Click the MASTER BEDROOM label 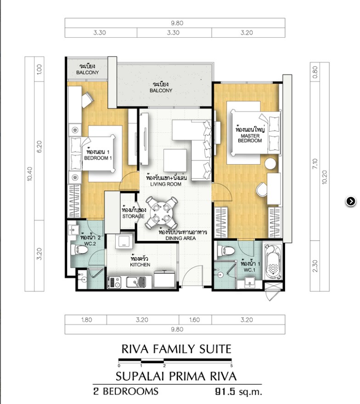[x=250, y=138]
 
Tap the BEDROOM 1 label [x=98, y=158]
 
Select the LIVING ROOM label [x=166, y=184]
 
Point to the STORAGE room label [x=133, y=216]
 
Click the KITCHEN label [x=140, y=264]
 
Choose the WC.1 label [x=249, y=270]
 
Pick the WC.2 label [x=90, y=243]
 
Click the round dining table [x=161, y=212]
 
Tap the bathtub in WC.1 [x=273, y=261]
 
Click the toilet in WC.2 [x=79, y=249]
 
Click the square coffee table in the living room [x=175, y=161]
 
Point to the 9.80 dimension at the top [x=177, y=23]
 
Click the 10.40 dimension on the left [x=30, y=174]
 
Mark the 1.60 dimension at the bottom [x=195, y=320]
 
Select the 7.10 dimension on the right [x=315, y=164]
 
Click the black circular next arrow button [x=351, y=201]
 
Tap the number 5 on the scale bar [x=231, y=365]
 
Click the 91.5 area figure [x=225, y=392]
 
